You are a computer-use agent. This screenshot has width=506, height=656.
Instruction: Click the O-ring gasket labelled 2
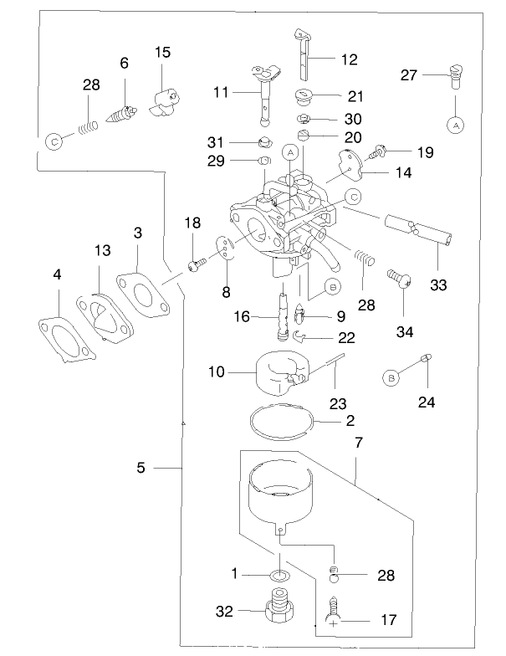point(283,422)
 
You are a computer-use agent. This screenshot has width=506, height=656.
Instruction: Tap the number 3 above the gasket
point(136,233)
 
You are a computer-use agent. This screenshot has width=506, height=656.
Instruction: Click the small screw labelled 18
point(195,265)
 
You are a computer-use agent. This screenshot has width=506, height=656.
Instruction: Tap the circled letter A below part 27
point(456,125)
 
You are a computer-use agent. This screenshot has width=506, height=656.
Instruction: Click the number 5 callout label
point(141,468)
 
